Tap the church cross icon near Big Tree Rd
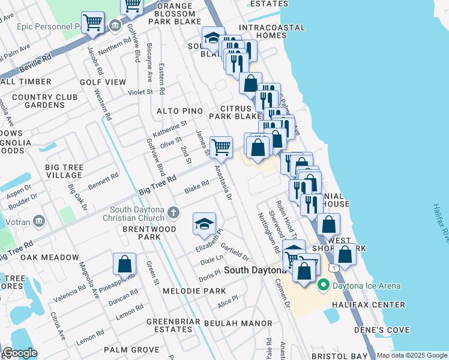[x=173, y=212]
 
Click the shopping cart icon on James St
[x=221, y=147]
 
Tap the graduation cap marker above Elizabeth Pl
[x=204, y=224]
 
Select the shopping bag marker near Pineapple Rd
[x=124, y=264]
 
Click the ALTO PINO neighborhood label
[x=179, y=112]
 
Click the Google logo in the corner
[x=20, y=353]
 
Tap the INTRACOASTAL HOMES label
[x=271, y=32]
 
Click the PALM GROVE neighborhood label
[x=131, y=349]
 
